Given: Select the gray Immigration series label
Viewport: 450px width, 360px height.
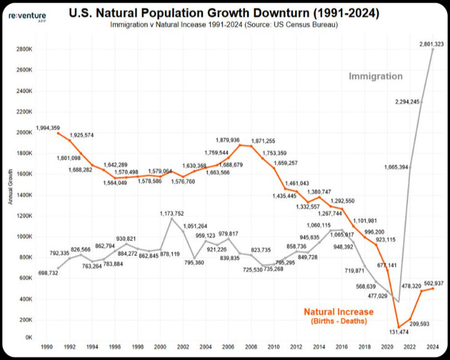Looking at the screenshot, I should (x=375, y=76).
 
